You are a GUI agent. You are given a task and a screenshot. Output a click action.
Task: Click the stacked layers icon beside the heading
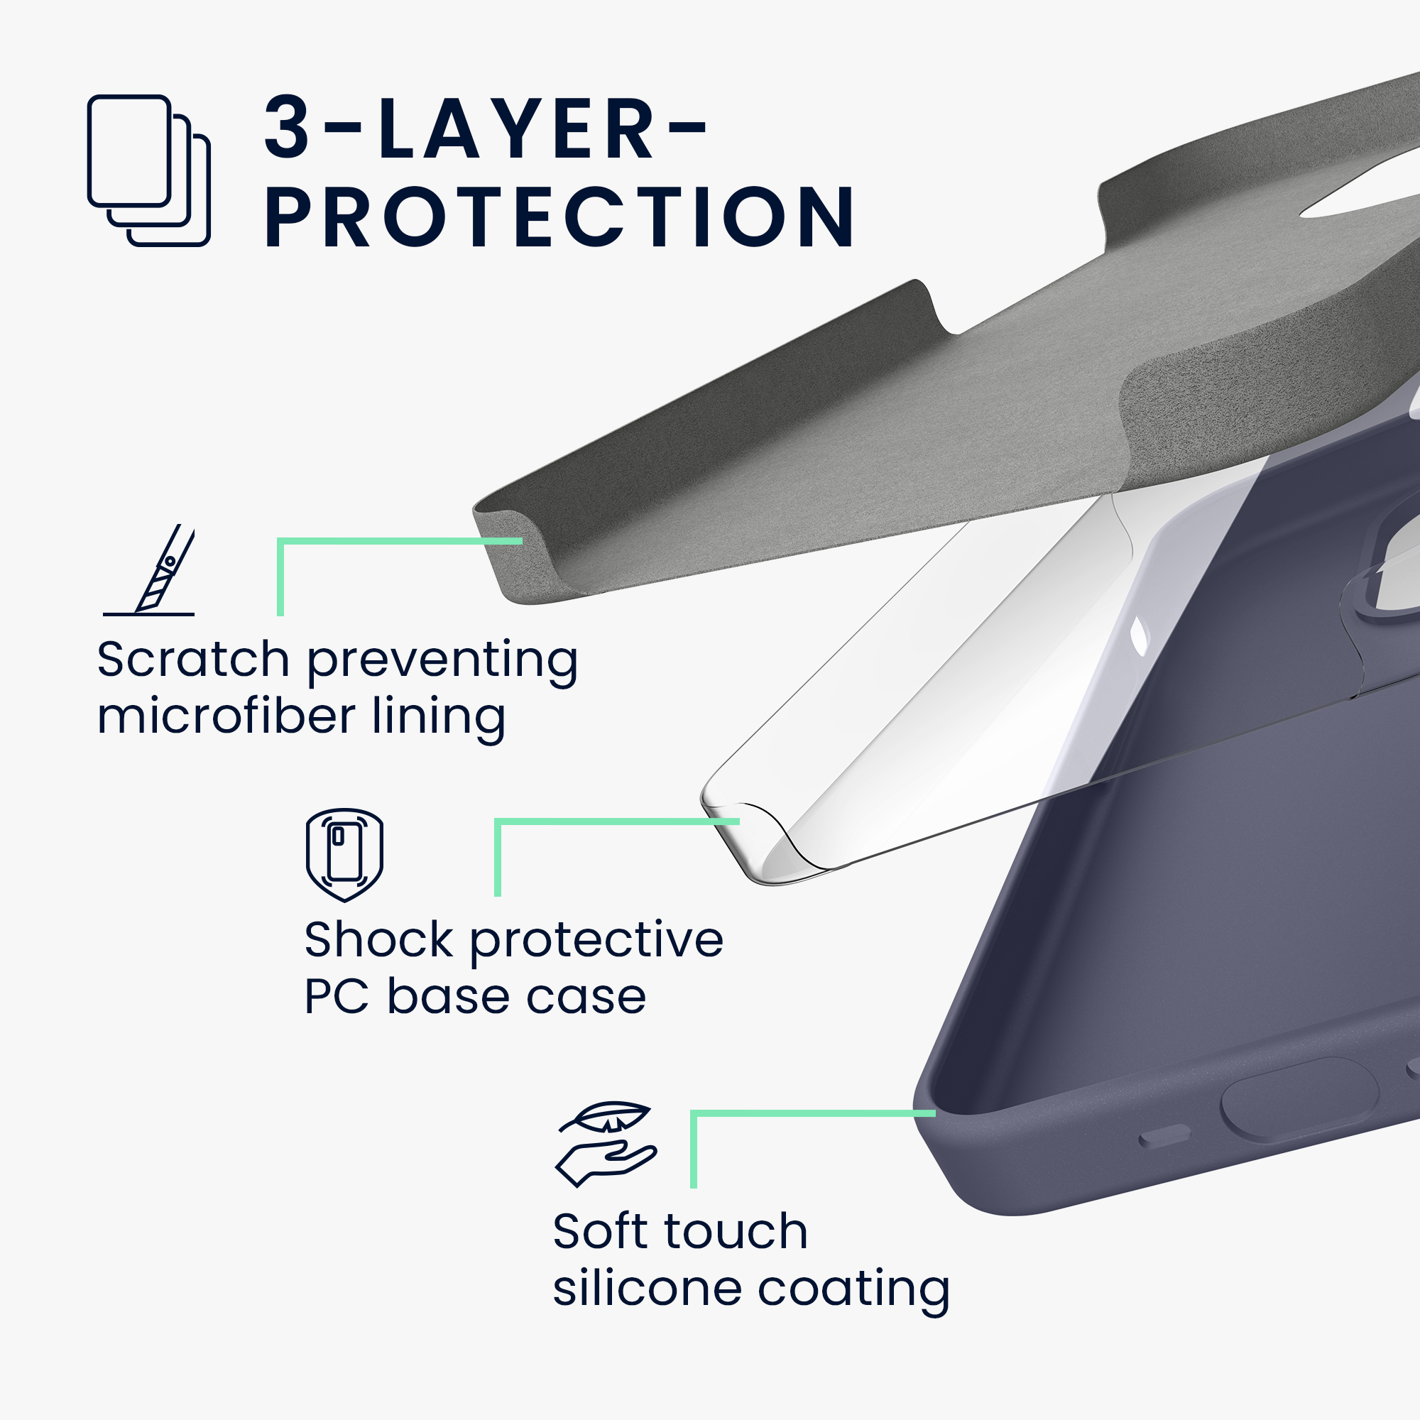coord(148,170)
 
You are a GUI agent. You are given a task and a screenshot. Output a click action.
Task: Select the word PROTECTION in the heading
coord(559,217)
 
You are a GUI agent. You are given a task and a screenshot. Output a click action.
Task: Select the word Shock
coord(378,939)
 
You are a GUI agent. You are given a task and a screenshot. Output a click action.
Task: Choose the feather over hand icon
coord(606,1145)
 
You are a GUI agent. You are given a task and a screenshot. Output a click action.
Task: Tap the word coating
coord(853,1291)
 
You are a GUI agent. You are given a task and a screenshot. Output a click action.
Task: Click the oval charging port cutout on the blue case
coord(1299,1100)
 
